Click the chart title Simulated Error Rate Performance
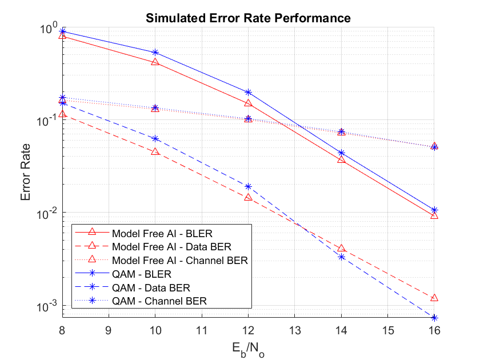point(248,18)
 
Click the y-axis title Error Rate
point(26,171)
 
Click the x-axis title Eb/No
point(248,347)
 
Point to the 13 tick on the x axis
point(295,330)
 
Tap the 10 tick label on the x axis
point(155,330)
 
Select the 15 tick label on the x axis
point(387,330)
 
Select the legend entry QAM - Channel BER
point(159,300)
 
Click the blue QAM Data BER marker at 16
point(434,318)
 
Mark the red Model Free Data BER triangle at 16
point(434,298)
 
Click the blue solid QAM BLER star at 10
point(155,53)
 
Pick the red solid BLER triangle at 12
point(248,103)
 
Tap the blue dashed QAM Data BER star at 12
point(248,186)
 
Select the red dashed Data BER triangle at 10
point(155,152)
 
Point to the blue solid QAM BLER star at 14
point(341,153)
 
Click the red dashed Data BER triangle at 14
point(341,249)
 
